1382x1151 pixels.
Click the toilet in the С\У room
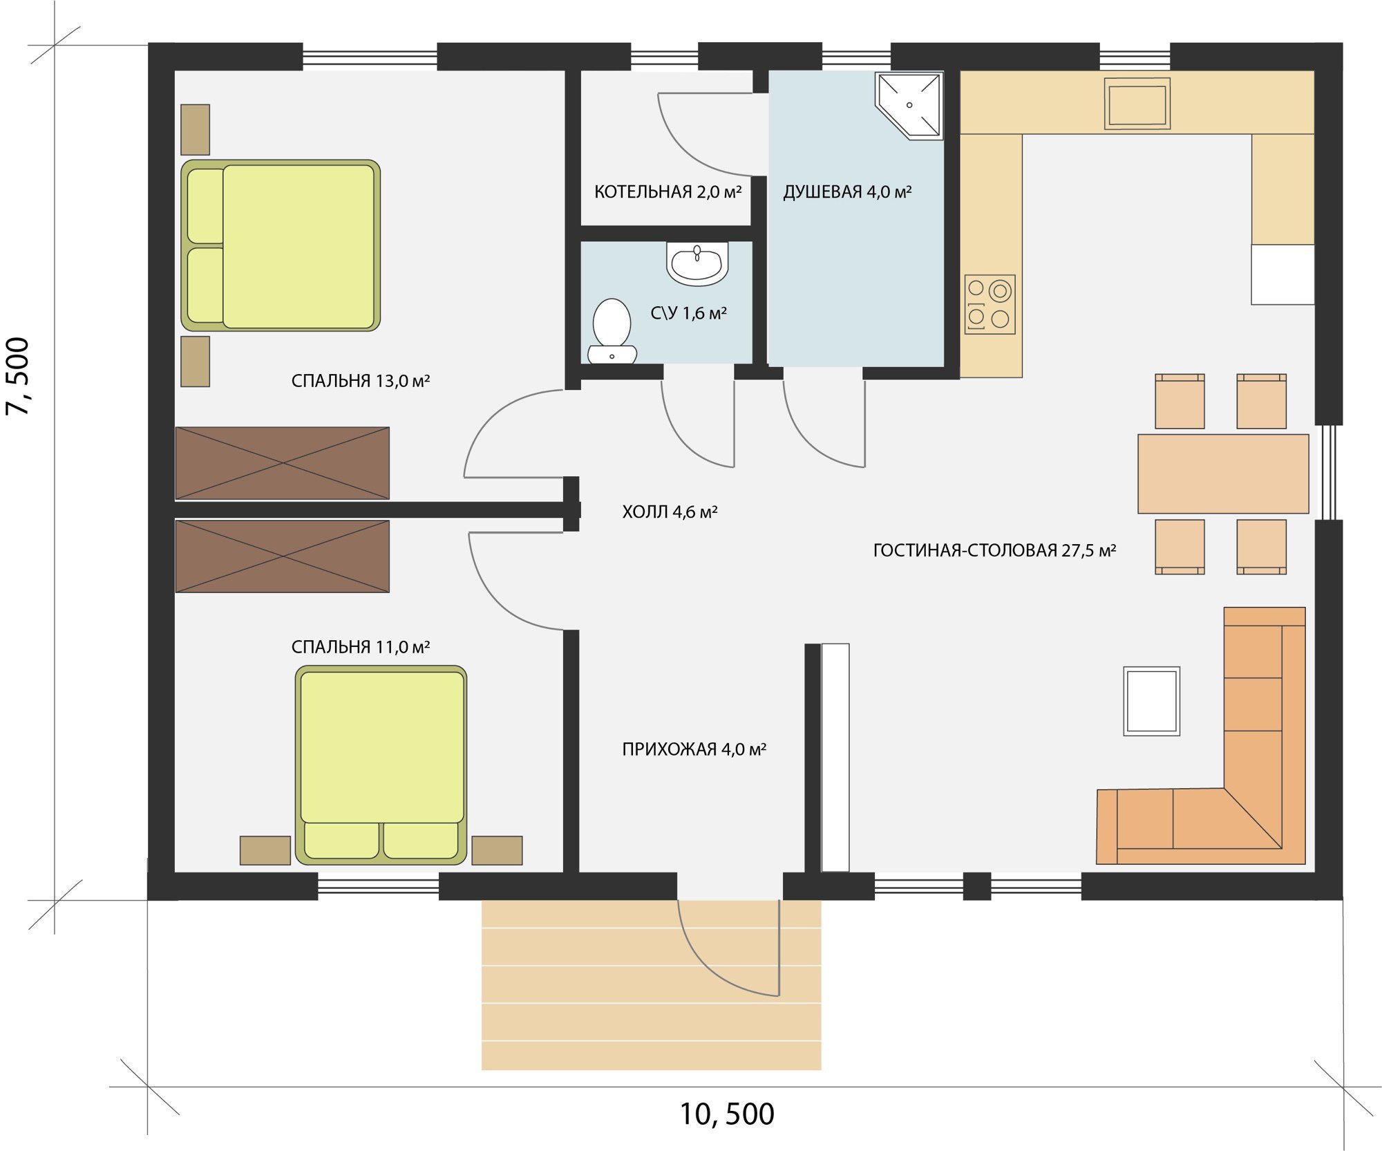click(612, 331)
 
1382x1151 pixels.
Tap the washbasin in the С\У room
click(697, 263)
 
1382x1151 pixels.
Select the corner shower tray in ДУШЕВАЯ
click(909, 105)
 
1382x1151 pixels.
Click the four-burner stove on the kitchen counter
click(990, 304)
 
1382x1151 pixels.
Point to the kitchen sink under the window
click(1137, 104)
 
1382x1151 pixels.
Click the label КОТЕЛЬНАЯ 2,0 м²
click(668, 192)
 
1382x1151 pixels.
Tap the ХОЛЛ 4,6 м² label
click(670, 512)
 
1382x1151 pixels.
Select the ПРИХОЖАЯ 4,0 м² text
click(694, 749)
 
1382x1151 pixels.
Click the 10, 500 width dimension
click(727, 1114)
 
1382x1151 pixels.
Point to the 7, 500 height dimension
click(18, 376)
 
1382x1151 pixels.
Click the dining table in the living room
click(1223, 474)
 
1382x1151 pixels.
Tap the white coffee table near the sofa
click(1151, 701)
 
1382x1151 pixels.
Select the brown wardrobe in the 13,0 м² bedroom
click(282, 463)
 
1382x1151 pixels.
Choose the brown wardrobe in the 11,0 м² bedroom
click(282, 556)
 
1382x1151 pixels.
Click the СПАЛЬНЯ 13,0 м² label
click(361, 381)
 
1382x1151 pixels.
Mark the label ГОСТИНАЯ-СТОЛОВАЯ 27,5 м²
click(994, 550)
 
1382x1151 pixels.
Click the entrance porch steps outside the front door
click(651, 984)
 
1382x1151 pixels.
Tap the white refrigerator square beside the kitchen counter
click(1282, 274)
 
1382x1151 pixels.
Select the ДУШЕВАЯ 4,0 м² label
click(847, 192)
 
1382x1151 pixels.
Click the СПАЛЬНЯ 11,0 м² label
click(361, 647)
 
